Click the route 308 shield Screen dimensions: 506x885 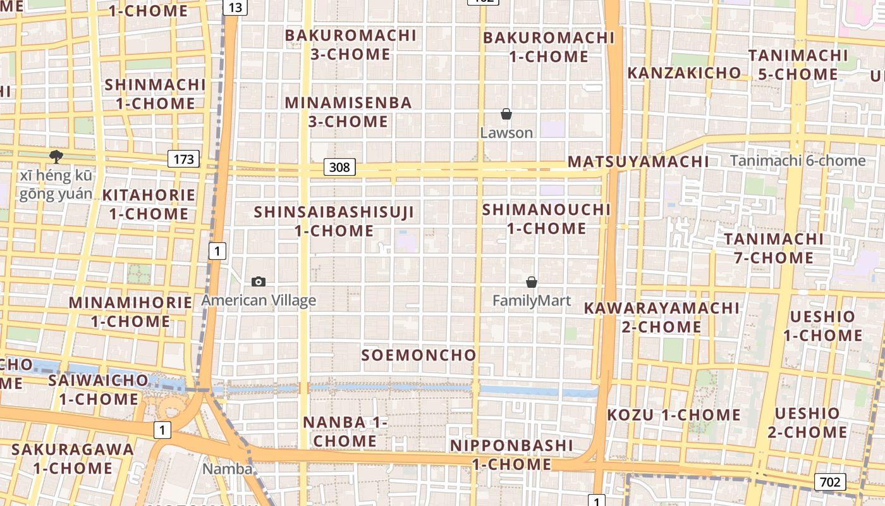(339, 167)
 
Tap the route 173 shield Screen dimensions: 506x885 (183, 159)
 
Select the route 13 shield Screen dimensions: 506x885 (235, 8)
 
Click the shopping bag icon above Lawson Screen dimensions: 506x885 (506, 114)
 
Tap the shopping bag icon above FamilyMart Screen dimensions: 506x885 (532, 282)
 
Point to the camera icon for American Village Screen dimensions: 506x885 (258, 281)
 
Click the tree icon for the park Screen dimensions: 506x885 (56, 156)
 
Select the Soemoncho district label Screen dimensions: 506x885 (418, 355)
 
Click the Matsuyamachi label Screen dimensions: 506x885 (638, 161)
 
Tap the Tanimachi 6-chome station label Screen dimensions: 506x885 (798, 161)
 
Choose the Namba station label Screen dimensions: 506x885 (228, 469)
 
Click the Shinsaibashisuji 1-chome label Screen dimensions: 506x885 (334, 221)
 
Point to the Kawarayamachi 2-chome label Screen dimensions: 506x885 (661, 318)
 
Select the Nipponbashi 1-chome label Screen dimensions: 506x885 (511, 455)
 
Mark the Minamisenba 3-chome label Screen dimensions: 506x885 (348, 111)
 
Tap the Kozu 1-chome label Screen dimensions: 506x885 (674, 415)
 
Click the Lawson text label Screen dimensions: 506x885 (506, 133)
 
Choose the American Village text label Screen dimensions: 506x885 (259, 300)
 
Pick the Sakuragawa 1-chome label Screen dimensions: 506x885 (73, 459)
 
